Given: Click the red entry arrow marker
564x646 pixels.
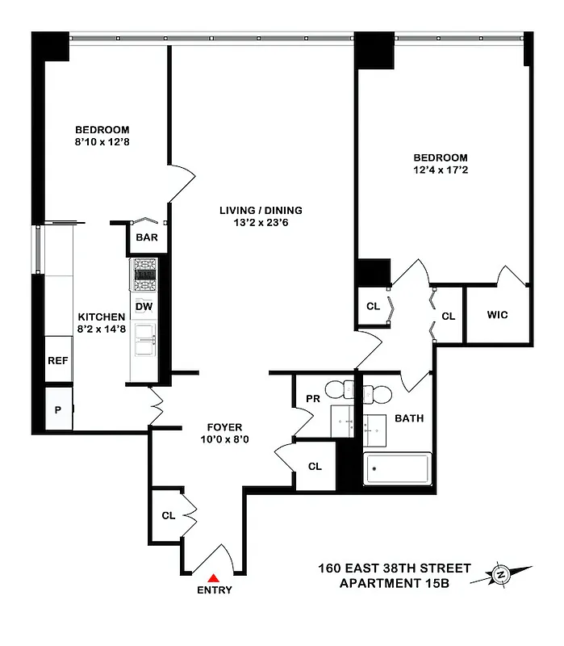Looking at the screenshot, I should pyautogui.click(x=214, y=577).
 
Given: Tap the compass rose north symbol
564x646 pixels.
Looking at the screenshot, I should pyautogui.click(x=501, y=575).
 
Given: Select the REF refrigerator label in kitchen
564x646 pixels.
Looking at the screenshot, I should pyautogui.click(x=57, y=361).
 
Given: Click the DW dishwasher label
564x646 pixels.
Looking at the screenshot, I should pyautogui.click(x=144, y=306).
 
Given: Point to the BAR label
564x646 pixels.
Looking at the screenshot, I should pyautogui.click(x=146, y=238).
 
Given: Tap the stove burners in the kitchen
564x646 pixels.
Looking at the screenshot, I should pyautogui.click(x=145, y=275).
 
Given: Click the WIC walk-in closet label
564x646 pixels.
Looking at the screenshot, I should pyautogui.click(x=497, y=315).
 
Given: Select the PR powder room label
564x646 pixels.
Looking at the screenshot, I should pyautogui.click(x=313, y=398).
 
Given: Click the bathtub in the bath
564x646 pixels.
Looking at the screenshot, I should pyautogui.click(x=397, y=469).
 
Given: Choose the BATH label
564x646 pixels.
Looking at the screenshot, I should pyautogui.click(x=409, y=418).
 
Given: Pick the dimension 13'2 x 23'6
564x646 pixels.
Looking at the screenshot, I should pyautogui.click(x=261, y=223).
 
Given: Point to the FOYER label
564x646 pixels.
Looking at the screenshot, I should pyautogui.click(x=224, y=427).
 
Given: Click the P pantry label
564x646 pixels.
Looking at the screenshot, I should pyautogui.click(x=57, y=409).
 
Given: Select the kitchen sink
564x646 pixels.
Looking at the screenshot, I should pyautogui.click(x=145, y=339).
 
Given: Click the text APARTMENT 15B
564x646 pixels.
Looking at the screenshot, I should pyautogui.click(x=392, y=583).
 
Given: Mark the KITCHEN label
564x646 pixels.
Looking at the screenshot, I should pyautogui.click(x=101, y=317).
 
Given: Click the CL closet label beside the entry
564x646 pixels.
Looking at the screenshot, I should pyautogui.click(x=169, y=515).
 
